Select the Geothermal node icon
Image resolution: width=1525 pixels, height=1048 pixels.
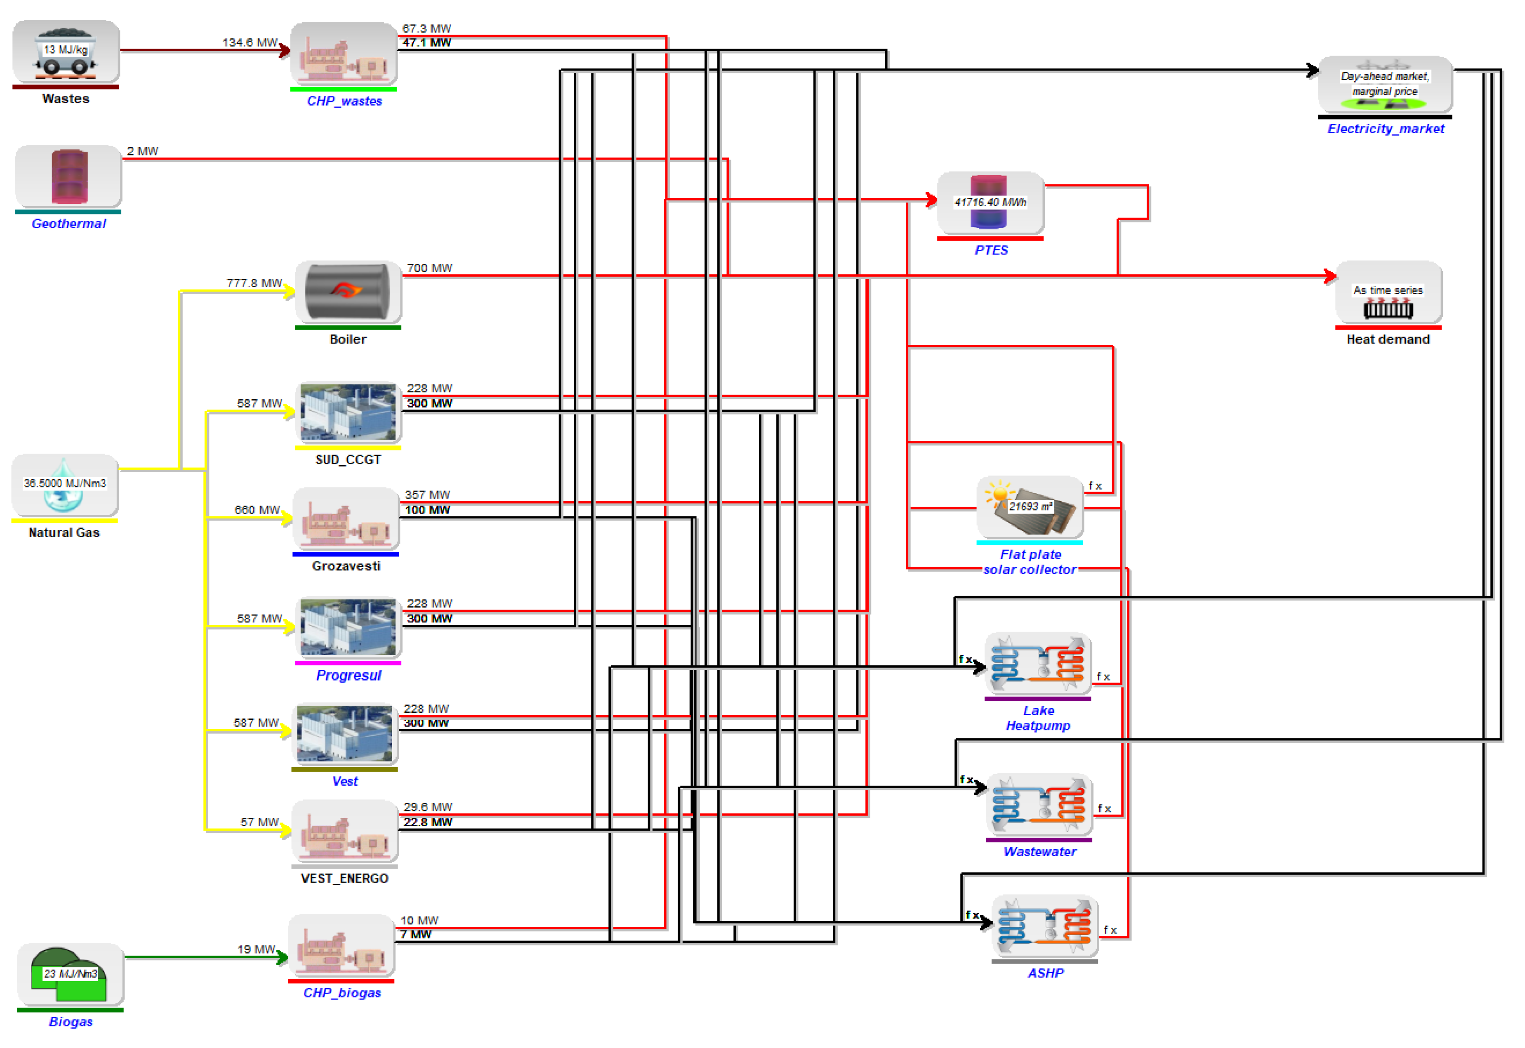click(68, 177)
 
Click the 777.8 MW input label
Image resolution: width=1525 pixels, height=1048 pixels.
click(254, 283)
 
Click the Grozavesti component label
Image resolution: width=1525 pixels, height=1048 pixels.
click(346, 567)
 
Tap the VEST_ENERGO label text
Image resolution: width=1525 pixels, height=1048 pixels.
click(344, 879)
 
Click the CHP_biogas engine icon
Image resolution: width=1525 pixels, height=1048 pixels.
click(341, 946)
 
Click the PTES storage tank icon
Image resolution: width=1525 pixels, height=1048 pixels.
click(990, 203)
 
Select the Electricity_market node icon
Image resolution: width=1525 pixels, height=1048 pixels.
click(1385, 85)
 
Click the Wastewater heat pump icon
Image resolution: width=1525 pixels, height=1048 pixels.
click(1039, 805)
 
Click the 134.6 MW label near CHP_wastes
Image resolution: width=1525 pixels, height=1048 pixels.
click(250, 42)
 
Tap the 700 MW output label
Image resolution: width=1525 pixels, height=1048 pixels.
click(429, 268)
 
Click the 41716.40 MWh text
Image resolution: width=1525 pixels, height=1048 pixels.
click(990, 202)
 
